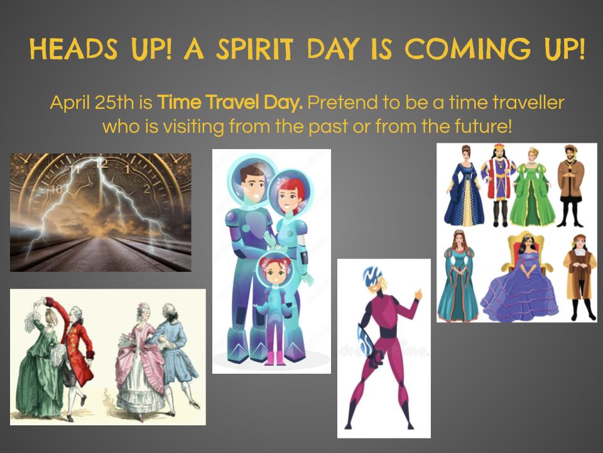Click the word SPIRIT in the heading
tap(254, 50)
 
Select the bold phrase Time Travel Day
tap(230, 103)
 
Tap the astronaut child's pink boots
tap(274, 358)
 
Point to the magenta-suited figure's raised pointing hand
tap(418, 294)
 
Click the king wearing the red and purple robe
tap(499, 185)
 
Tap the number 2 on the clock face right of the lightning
tap(146, 189)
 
